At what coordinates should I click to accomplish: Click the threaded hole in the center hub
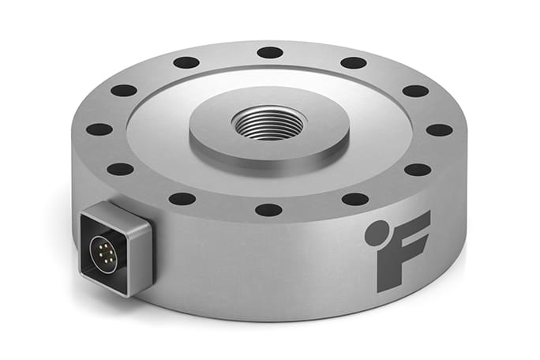coord(269,125)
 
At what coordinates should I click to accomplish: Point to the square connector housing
coord(115,248)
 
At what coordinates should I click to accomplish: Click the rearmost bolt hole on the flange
coord(269,52)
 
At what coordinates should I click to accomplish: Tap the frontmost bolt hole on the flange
coord(268,210)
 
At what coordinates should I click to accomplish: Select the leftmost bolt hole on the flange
coord(99,129)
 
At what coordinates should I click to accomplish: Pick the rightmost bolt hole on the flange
coord(439,129)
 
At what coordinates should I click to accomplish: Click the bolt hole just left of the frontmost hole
coord(182,198)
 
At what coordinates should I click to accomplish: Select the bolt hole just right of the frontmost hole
coord(355,198)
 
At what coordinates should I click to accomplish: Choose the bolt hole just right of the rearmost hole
coord(353,62)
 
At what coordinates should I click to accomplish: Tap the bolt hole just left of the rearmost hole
coord(186,62)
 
